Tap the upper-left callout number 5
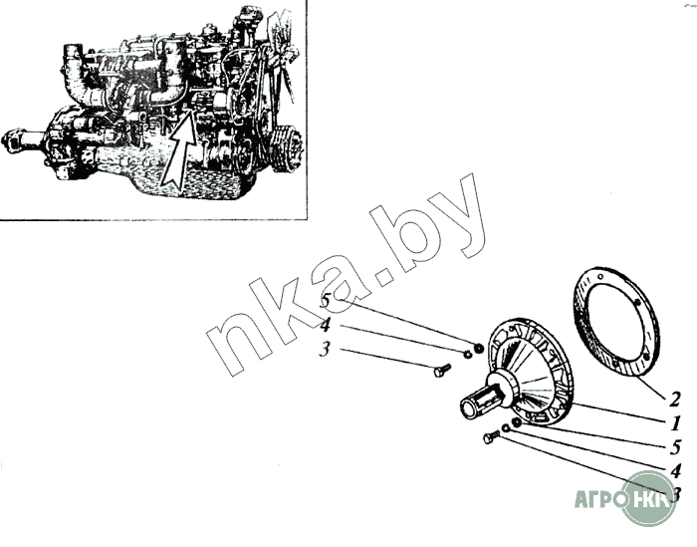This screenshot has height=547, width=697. pos(326,301)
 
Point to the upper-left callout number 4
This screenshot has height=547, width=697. pos(326,325)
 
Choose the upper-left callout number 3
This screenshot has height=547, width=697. pos(325,349)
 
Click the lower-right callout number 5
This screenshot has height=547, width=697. pos(674,448)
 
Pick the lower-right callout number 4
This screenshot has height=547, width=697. pos(674,470)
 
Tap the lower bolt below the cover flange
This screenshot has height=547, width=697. pos(490,437)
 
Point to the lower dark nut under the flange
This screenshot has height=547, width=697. pos(517,423)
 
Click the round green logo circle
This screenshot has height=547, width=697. pos(649,497)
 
